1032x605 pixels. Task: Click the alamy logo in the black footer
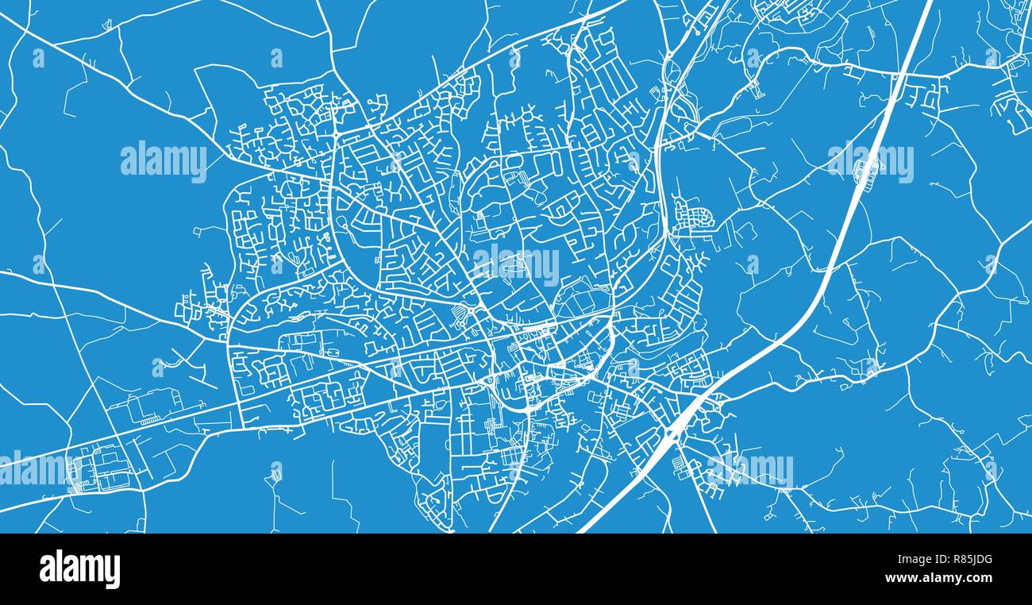[x=79, y=569]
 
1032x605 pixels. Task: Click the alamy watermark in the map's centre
[x=516, y=264]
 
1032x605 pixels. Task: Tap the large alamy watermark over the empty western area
[x=164, y=161]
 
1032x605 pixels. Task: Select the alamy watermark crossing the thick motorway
[x=870, y=161]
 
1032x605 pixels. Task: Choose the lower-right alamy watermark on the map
[x=750, y=468]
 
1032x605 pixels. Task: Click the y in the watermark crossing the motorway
[x=906, y=165]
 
